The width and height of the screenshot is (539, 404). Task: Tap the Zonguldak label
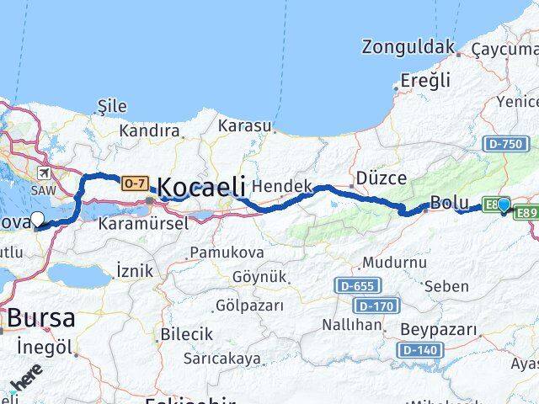408,46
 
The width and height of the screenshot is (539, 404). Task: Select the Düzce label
381,178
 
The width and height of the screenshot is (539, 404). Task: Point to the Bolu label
448,203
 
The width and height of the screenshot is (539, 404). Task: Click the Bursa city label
40,319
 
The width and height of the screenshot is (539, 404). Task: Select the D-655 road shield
354,286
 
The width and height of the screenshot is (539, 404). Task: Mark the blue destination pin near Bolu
504,205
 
